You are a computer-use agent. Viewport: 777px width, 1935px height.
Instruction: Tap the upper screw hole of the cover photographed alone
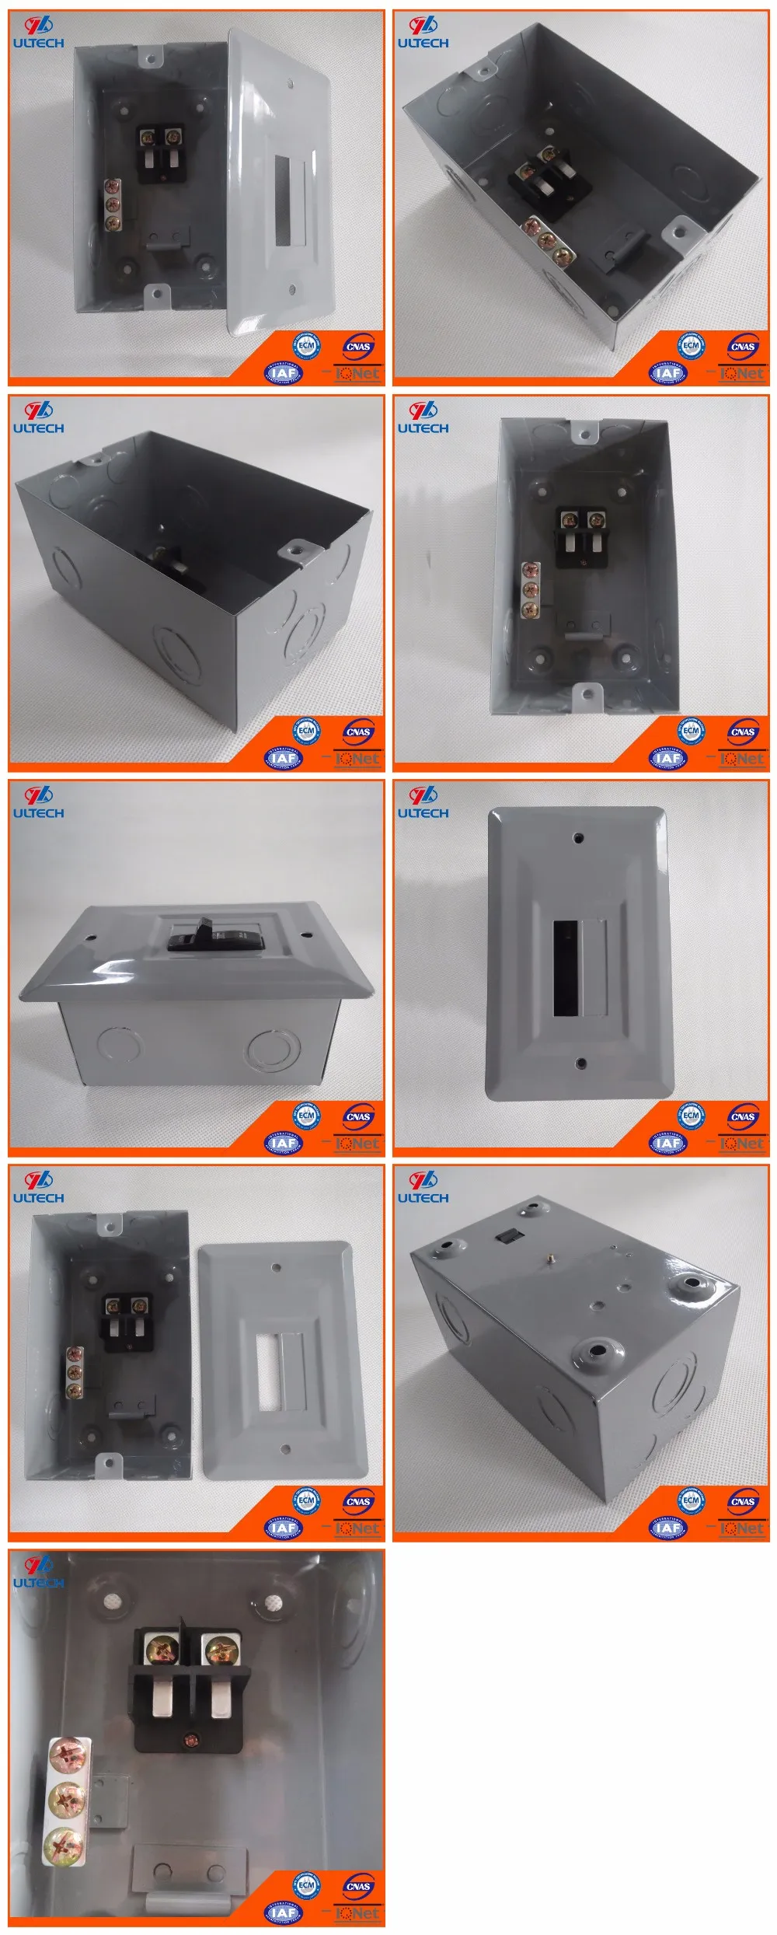coord(578,838)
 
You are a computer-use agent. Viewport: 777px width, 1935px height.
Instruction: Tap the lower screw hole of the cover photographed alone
coord(580,1062)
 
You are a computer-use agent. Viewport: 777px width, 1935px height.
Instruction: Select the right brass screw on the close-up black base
coord(218,1650)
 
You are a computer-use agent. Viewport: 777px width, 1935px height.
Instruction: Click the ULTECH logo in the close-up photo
coord(38,1575)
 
